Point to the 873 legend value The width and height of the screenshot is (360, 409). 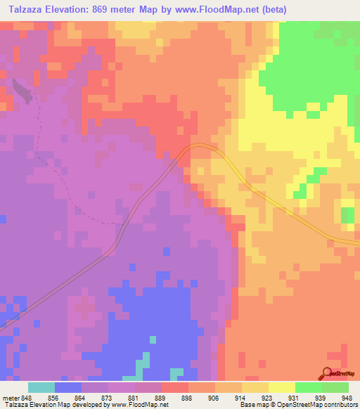105,397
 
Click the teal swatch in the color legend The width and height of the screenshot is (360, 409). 41,387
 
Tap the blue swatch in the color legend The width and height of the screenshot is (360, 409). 68,387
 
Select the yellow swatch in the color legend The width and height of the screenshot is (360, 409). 281,387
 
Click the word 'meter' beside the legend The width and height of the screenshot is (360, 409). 9,397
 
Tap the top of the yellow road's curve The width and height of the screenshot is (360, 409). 200,146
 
